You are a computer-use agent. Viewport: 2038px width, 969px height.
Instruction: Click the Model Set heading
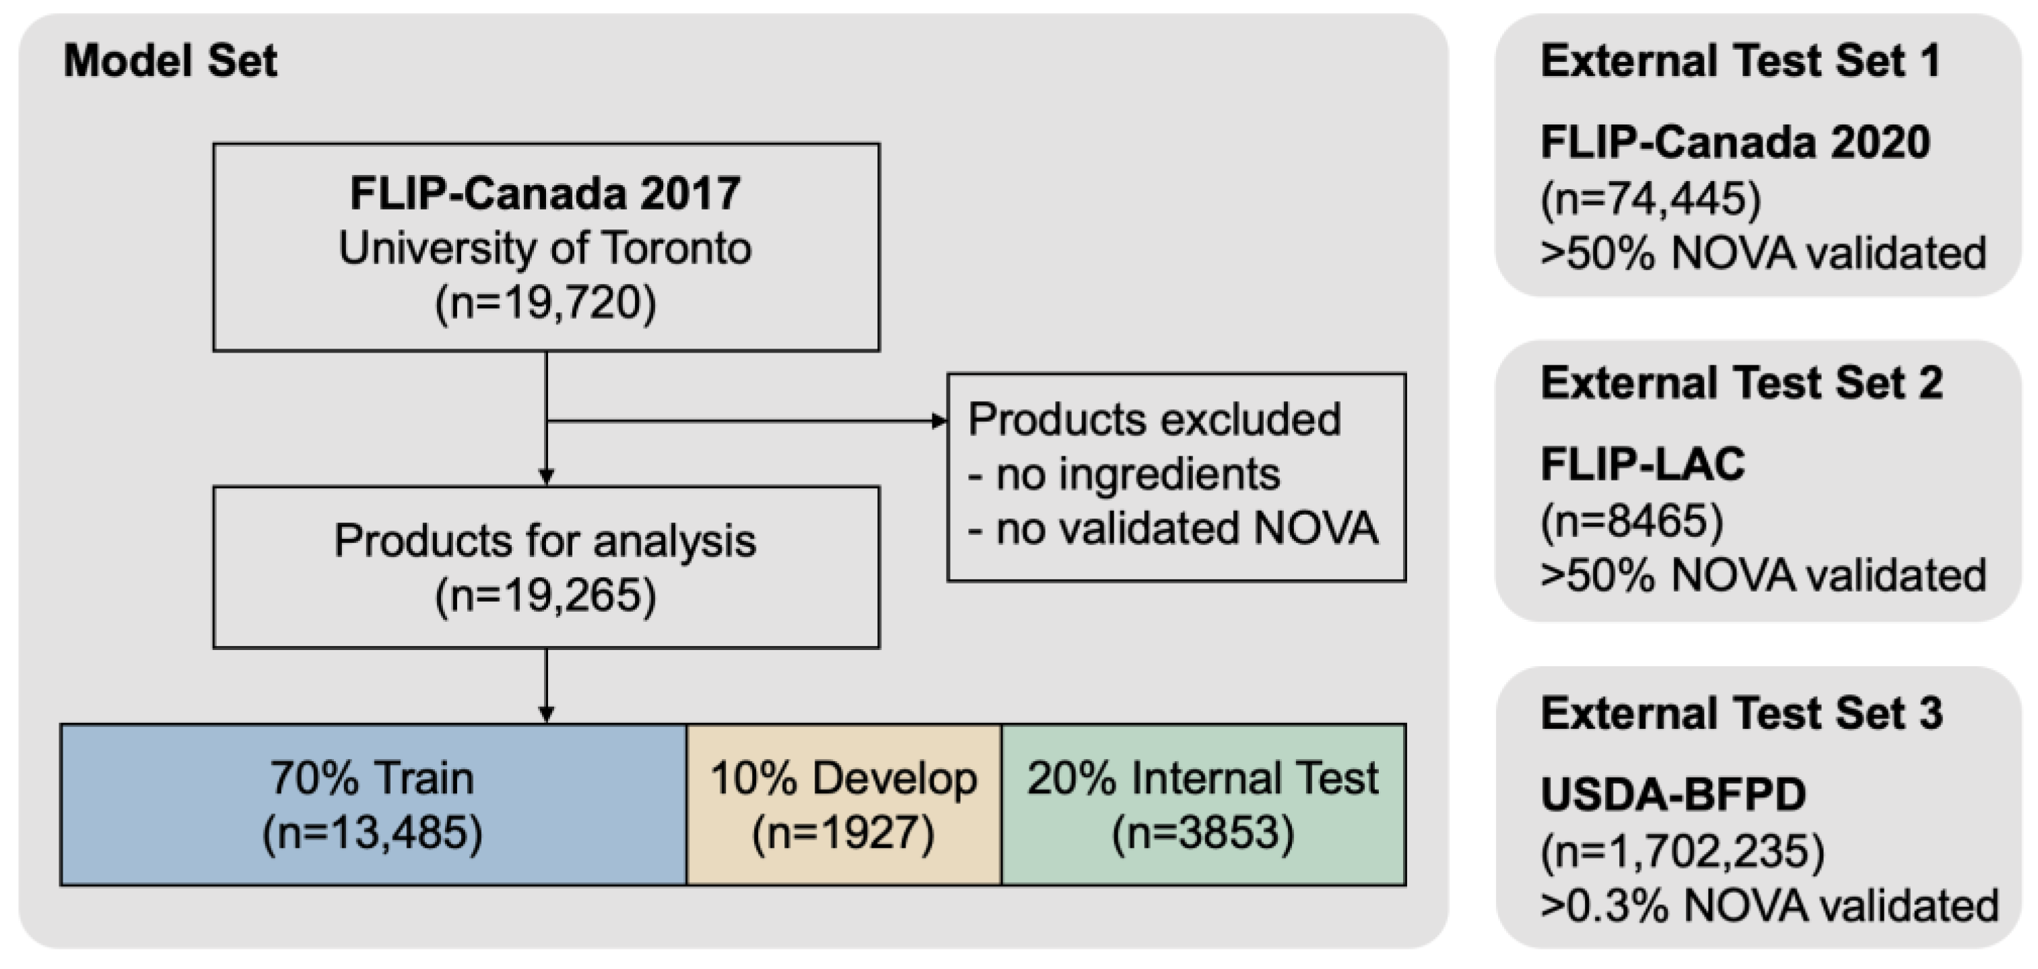click(x=170, y=61)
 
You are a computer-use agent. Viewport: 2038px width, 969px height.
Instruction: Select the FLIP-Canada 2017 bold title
click(x=545, y=193)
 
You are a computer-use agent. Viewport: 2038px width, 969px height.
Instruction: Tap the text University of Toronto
click(x=545, y=248)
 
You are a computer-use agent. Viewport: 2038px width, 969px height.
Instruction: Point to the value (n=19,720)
click(x=545, y=303)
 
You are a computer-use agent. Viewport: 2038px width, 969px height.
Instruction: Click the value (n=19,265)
click(x=545, y=596)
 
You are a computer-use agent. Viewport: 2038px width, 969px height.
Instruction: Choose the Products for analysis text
click(x=545, y=541)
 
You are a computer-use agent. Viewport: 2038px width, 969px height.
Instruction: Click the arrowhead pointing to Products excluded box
click(x=939, y=421)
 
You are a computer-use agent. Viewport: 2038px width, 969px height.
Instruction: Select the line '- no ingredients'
click(x=1124, y=474)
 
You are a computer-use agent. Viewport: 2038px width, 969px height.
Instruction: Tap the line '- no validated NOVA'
click(x=1172, y=528)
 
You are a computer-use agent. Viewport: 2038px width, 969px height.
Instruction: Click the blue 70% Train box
click(x=372, y=804)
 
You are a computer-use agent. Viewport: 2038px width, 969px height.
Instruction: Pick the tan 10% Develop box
click(x=844, y=804)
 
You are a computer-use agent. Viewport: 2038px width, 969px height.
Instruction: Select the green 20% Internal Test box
click(x=1202, y=804)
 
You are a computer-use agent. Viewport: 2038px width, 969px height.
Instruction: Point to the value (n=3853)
click(x=1202, y=833)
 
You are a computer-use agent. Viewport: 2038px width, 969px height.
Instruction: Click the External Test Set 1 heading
click(x=1740, y=61)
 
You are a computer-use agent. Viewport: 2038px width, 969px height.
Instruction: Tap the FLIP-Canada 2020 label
click(x=1735, y=143)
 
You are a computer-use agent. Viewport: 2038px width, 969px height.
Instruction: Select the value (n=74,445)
click(x=1651, y=199)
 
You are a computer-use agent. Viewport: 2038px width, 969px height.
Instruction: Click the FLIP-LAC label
click(x=1642, y=464)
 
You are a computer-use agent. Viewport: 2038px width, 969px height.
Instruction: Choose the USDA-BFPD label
click(x=1673, y=795)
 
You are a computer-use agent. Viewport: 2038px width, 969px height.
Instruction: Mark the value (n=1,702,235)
click(x=1683, y=851)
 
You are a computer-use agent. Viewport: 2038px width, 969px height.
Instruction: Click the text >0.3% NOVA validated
click(x=1769, y=906)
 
